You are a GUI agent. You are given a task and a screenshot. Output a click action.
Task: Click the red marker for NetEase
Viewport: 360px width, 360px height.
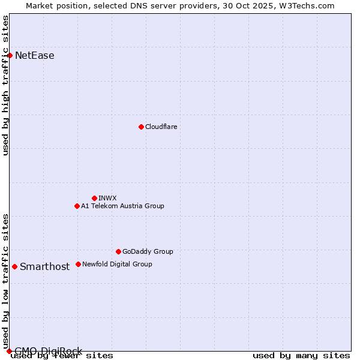coord(10,55)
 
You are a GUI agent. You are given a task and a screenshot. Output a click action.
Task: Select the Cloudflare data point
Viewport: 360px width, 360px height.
coord(141,127)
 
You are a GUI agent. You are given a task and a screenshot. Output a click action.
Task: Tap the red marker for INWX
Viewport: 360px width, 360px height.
coord(94,198)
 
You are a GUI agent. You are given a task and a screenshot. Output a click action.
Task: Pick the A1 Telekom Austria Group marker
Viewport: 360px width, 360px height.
coord(77,206)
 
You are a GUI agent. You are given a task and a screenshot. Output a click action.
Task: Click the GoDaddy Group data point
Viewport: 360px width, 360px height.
coord(118,251)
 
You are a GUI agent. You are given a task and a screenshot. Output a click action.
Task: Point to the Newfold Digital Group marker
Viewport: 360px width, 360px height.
coord(78,264)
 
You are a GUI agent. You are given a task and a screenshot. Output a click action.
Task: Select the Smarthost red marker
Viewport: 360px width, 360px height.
coord(14,266)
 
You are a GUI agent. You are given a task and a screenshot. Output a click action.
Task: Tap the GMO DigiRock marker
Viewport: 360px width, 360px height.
coord(9,351)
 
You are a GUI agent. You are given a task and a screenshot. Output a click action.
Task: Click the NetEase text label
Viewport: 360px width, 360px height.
coord(35,56)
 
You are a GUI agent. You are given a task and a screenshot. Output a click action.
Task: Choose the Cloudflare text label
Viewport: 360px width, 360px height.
coord(161,127)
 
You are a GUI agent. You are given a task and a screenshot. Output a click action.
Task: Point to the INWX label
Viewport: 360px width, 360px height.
coord(107,198)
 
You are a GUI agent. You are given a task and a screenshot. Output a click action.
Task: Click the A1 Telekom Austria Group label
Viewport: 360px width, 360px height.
coord(122,206)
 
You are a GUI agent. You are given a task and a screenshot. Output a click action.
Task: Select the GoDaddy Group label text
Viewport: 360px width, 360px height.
coord(148,251)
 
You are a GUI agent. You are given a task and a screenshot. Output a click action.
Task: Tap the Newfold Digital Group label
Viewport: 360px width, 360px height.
coord(117,264)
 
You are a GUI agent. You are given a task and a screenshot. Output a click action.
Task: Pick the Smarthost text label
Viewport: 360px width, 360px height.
coord(44,267)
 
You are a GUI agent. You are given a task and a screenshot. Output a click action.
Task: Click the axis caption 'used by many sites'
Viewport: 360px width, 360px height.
coord(301,356)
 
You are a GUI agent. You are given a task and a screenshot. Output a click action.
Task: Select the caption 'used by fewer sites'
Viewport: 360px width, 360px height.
coord(62,356)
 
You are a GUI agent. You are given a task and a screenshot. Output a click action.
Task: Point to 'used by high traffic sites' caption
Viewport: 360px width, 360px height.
coord(6,85)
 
